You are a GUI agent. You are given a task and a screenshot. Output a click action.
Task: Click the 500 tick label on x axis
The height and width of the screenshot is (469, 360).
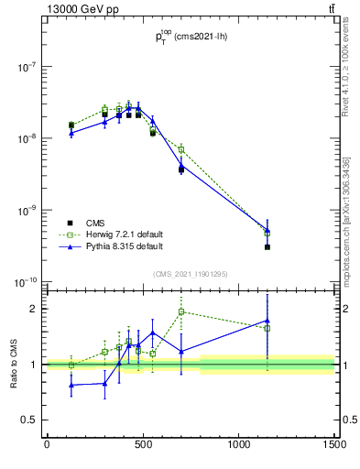(143, 444)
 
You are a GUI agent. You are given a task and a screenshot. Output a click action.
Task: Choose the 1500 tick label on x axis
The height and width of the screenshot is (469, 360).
(334, 444)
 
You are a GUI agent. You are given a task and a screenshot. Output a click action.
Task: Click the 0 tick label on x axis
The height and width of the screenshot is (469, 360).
(47, 444)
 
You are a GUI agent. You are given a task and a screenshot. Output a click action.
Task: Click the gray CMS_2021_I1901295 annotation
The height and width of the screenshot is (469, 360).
(191, 274)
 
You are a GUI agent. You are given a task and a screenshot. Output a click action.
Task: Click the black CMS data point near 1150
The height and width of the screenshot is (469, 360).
(267, 247)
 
